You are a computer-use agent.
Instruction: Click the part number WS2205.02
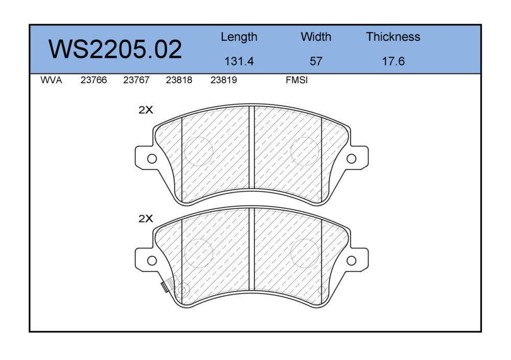[115, 50]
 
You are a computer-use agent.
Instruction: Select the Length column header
[239, 37]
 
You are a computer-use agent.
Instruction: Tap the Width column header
[316, 36]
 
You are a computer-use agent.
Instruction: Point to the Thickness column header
[393, 36]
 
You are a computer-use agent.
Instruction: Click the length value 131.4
[239, 61]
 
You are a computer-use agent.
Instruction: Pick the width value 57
[316, 61]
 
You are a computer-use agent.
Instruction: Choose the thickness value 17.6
[393, 61]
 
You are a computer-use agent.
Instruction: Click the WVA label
[51, 80]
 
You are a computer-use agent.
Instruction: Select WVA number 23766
[94, 80]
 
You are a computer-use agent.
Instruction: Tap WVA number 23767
[136, 80]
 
